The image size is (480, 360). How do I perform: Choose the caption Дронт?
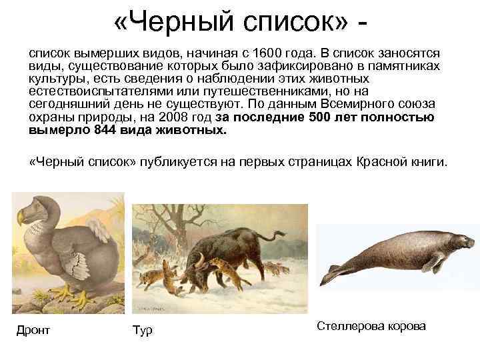click(x=33, y=329)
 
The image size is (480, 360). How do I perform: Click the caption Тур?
click(x=143, y=329)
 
